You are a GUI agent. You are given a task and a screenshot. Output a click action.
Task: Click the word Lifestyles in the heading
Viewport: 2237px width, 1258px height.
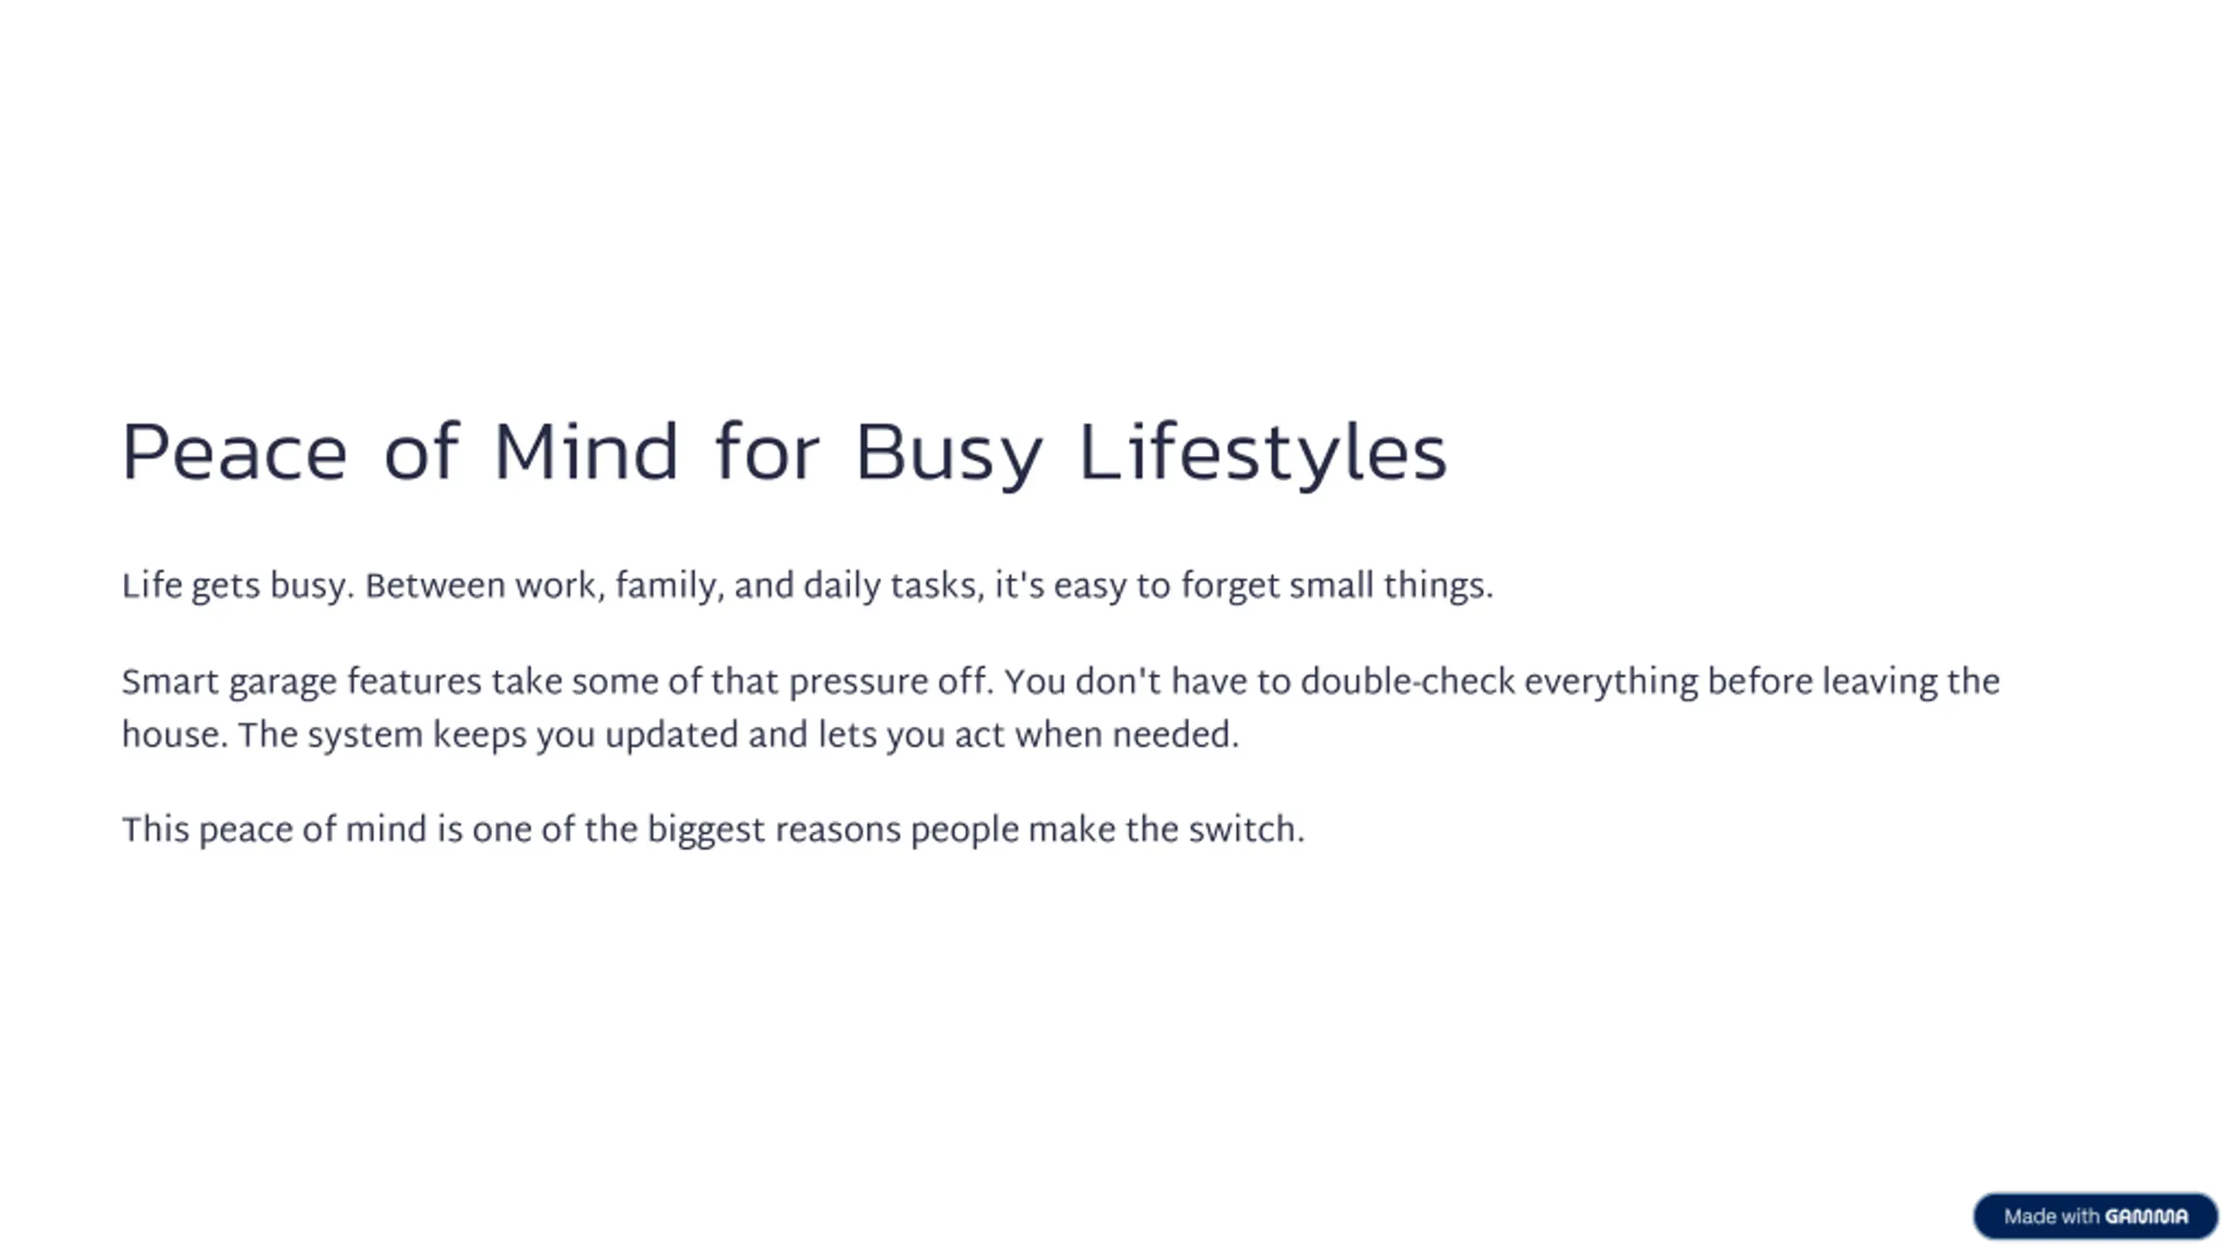coord(1264,453)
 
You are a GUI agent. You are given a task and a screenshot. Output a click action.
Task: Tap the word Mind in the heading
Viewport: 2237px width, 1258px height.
coord(585,452)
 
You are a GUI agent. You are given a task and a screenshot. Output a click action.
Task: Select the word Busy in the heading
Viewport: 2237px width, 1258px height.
coord(949,455)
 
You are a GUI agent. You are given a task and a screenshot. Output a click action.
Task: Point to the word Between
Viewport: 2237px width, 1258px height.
coord(434,585)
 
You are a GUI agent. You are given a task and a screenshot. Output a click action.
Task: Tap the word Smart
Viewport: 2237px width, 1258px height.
coord(170,681)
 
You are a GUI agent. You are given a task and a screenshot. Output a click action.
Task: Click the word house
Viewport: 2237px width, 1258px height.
coord(174,735)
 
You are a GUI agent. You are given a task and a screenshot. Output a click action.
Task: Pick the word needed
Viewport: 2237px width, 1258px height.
coord(1174,735)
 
